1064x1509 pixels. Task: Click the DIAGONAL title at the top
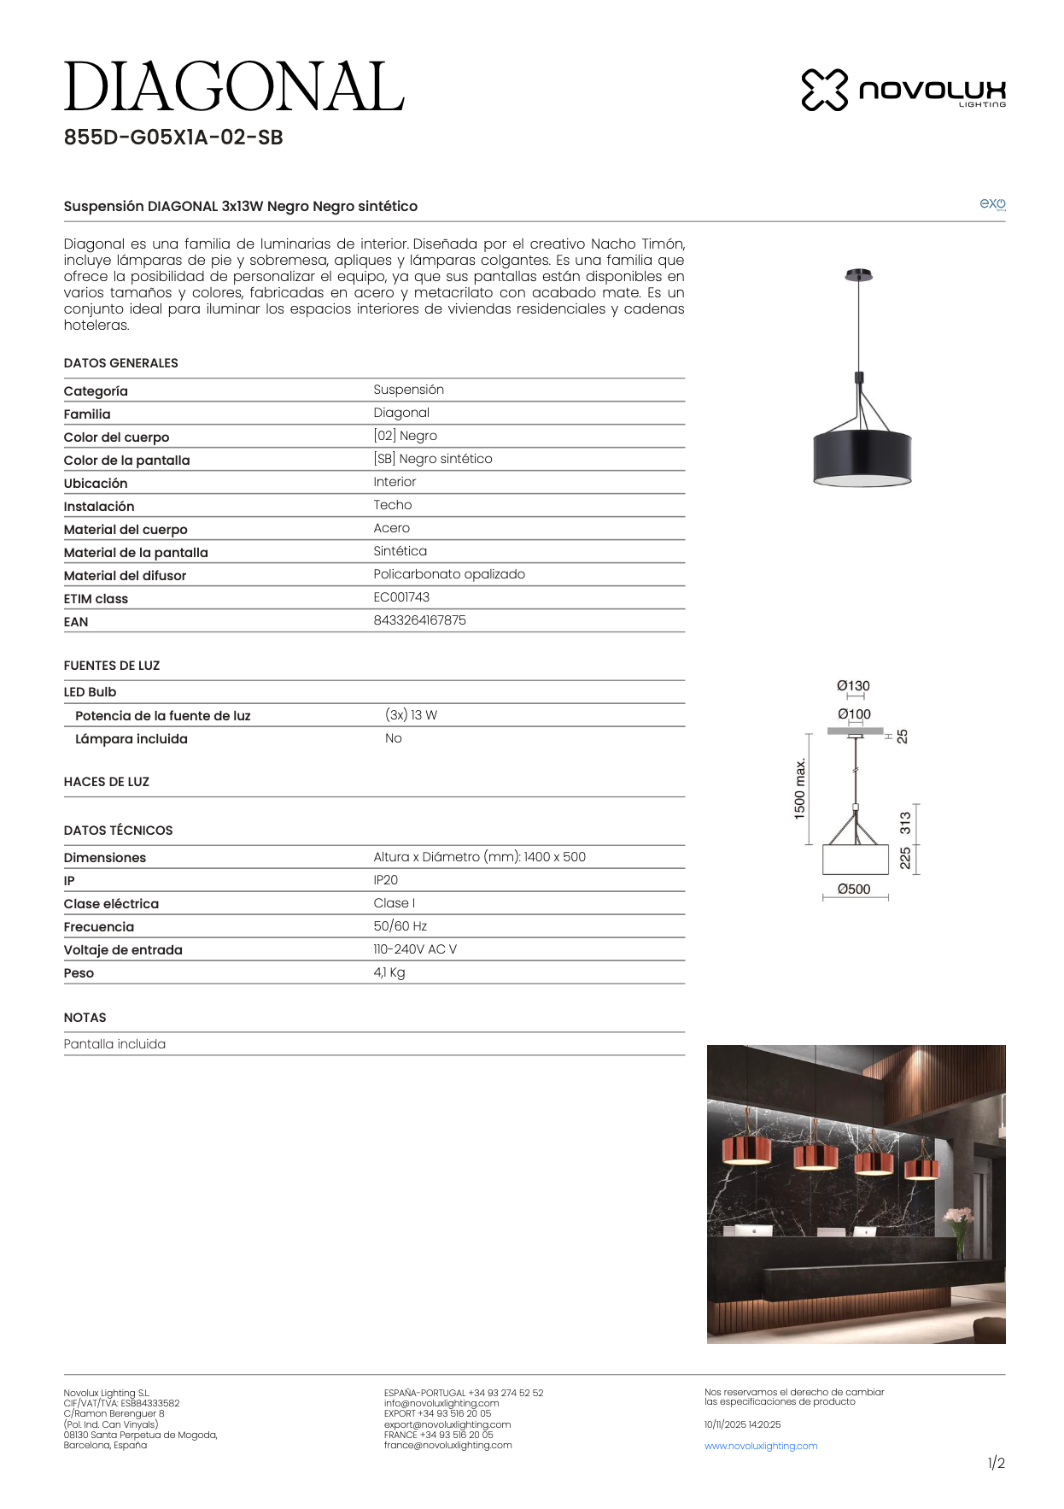point(233,87)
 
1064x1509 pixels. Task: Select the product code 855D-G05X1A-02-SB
point(173,138)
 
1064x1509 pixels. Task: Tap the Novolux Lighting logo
point(903,90)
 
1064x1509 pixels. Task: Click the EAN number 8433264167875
point(419,620)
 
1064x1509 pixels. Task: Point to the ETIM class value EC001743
point(401,597)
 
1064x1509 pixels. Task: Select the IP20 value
point(385,880)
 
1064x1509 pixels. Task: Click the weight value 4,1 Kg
point(389,972)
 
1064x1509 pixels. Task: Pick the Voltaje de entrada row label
point(123,950)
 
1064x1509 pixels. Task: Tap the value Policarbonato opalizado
point(449,574)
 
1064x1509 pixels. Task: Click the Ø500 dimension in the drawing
point(854,890)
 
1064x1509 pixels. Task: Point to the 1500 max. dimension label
point(800,789)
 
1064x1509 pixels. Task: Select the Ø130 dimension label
point(853,686)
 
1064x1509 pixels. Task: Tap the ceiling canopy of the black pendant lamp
point(859,275)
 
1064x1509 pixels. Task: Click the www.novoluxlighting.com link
point(761,1446)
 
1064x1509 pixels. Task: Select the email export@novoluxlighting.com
point(447,1424)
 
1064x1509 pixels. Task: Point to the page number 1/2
point(996,1464)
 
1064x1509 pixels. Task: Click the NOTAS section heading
point(85,1018)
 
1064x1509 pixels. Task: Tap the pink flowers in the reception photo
point(958,1215)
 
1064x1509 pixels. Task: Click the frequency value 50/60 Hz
point(400,926)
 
